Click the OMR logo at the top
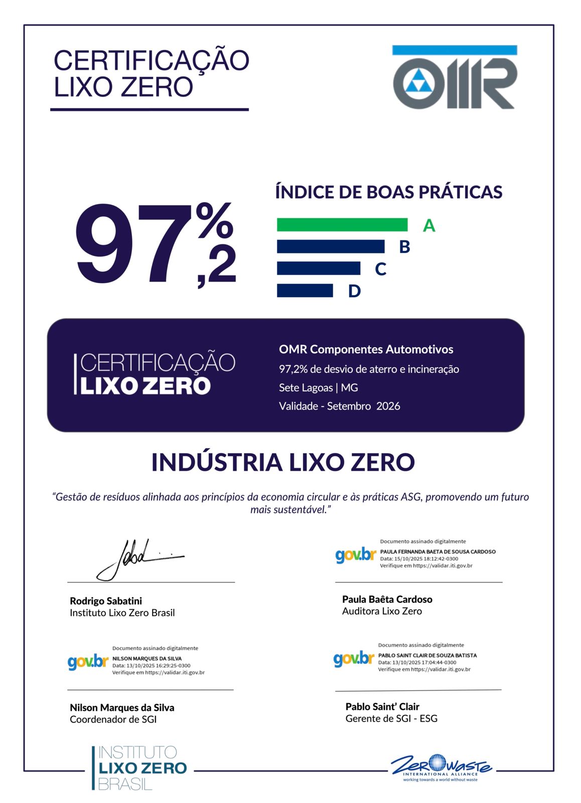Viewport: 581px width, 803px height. tap(455, 77)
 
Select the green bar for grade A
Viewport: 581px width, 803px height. tap(342, 225)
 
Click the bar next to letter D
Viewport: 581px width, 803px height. tap(305, 291)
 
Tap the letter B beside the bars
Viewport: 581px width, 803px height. tap(404, 247)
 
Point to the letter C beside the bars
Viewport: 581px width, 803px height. tap(380, 269)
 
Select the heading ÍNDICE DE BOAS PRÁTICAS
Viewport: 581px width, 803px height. tap(389, 192)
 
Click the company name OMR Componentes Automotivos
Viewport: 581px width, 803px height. tap(366, 349)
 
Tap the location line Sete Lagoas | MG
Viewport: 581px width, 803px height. tap(318, 387)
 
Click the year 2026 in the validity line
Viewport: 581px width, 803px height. tap(388, 406)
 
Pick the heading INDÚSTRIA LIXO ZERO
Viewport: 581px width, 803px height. tap(283, 462)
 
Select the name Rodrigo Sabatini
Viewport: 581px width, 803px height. tap(106, 601)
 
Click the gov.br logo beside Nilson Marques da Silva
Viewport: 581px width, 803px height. tap(88, 662)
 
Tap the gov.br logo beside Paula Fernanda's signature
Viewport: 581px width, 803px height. tap(356, 556)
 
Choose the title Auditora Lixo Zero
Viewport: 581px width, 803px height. tap(382, 611)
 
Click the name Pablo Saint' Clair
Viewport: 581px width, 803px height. tap(382, 707)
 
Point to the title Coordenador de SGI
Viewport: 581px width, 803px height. tap(113, 719)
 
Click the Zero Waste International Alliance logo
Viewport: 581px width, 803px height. tap(441, 768)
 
